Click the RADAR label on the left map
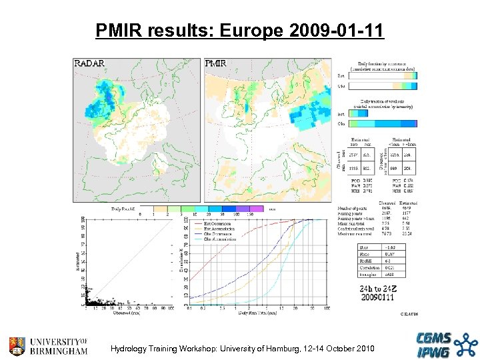(x=89, y=64)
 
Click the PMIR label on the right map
(x=215, y=64)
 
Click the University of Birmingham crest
(x=17, y=345)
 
